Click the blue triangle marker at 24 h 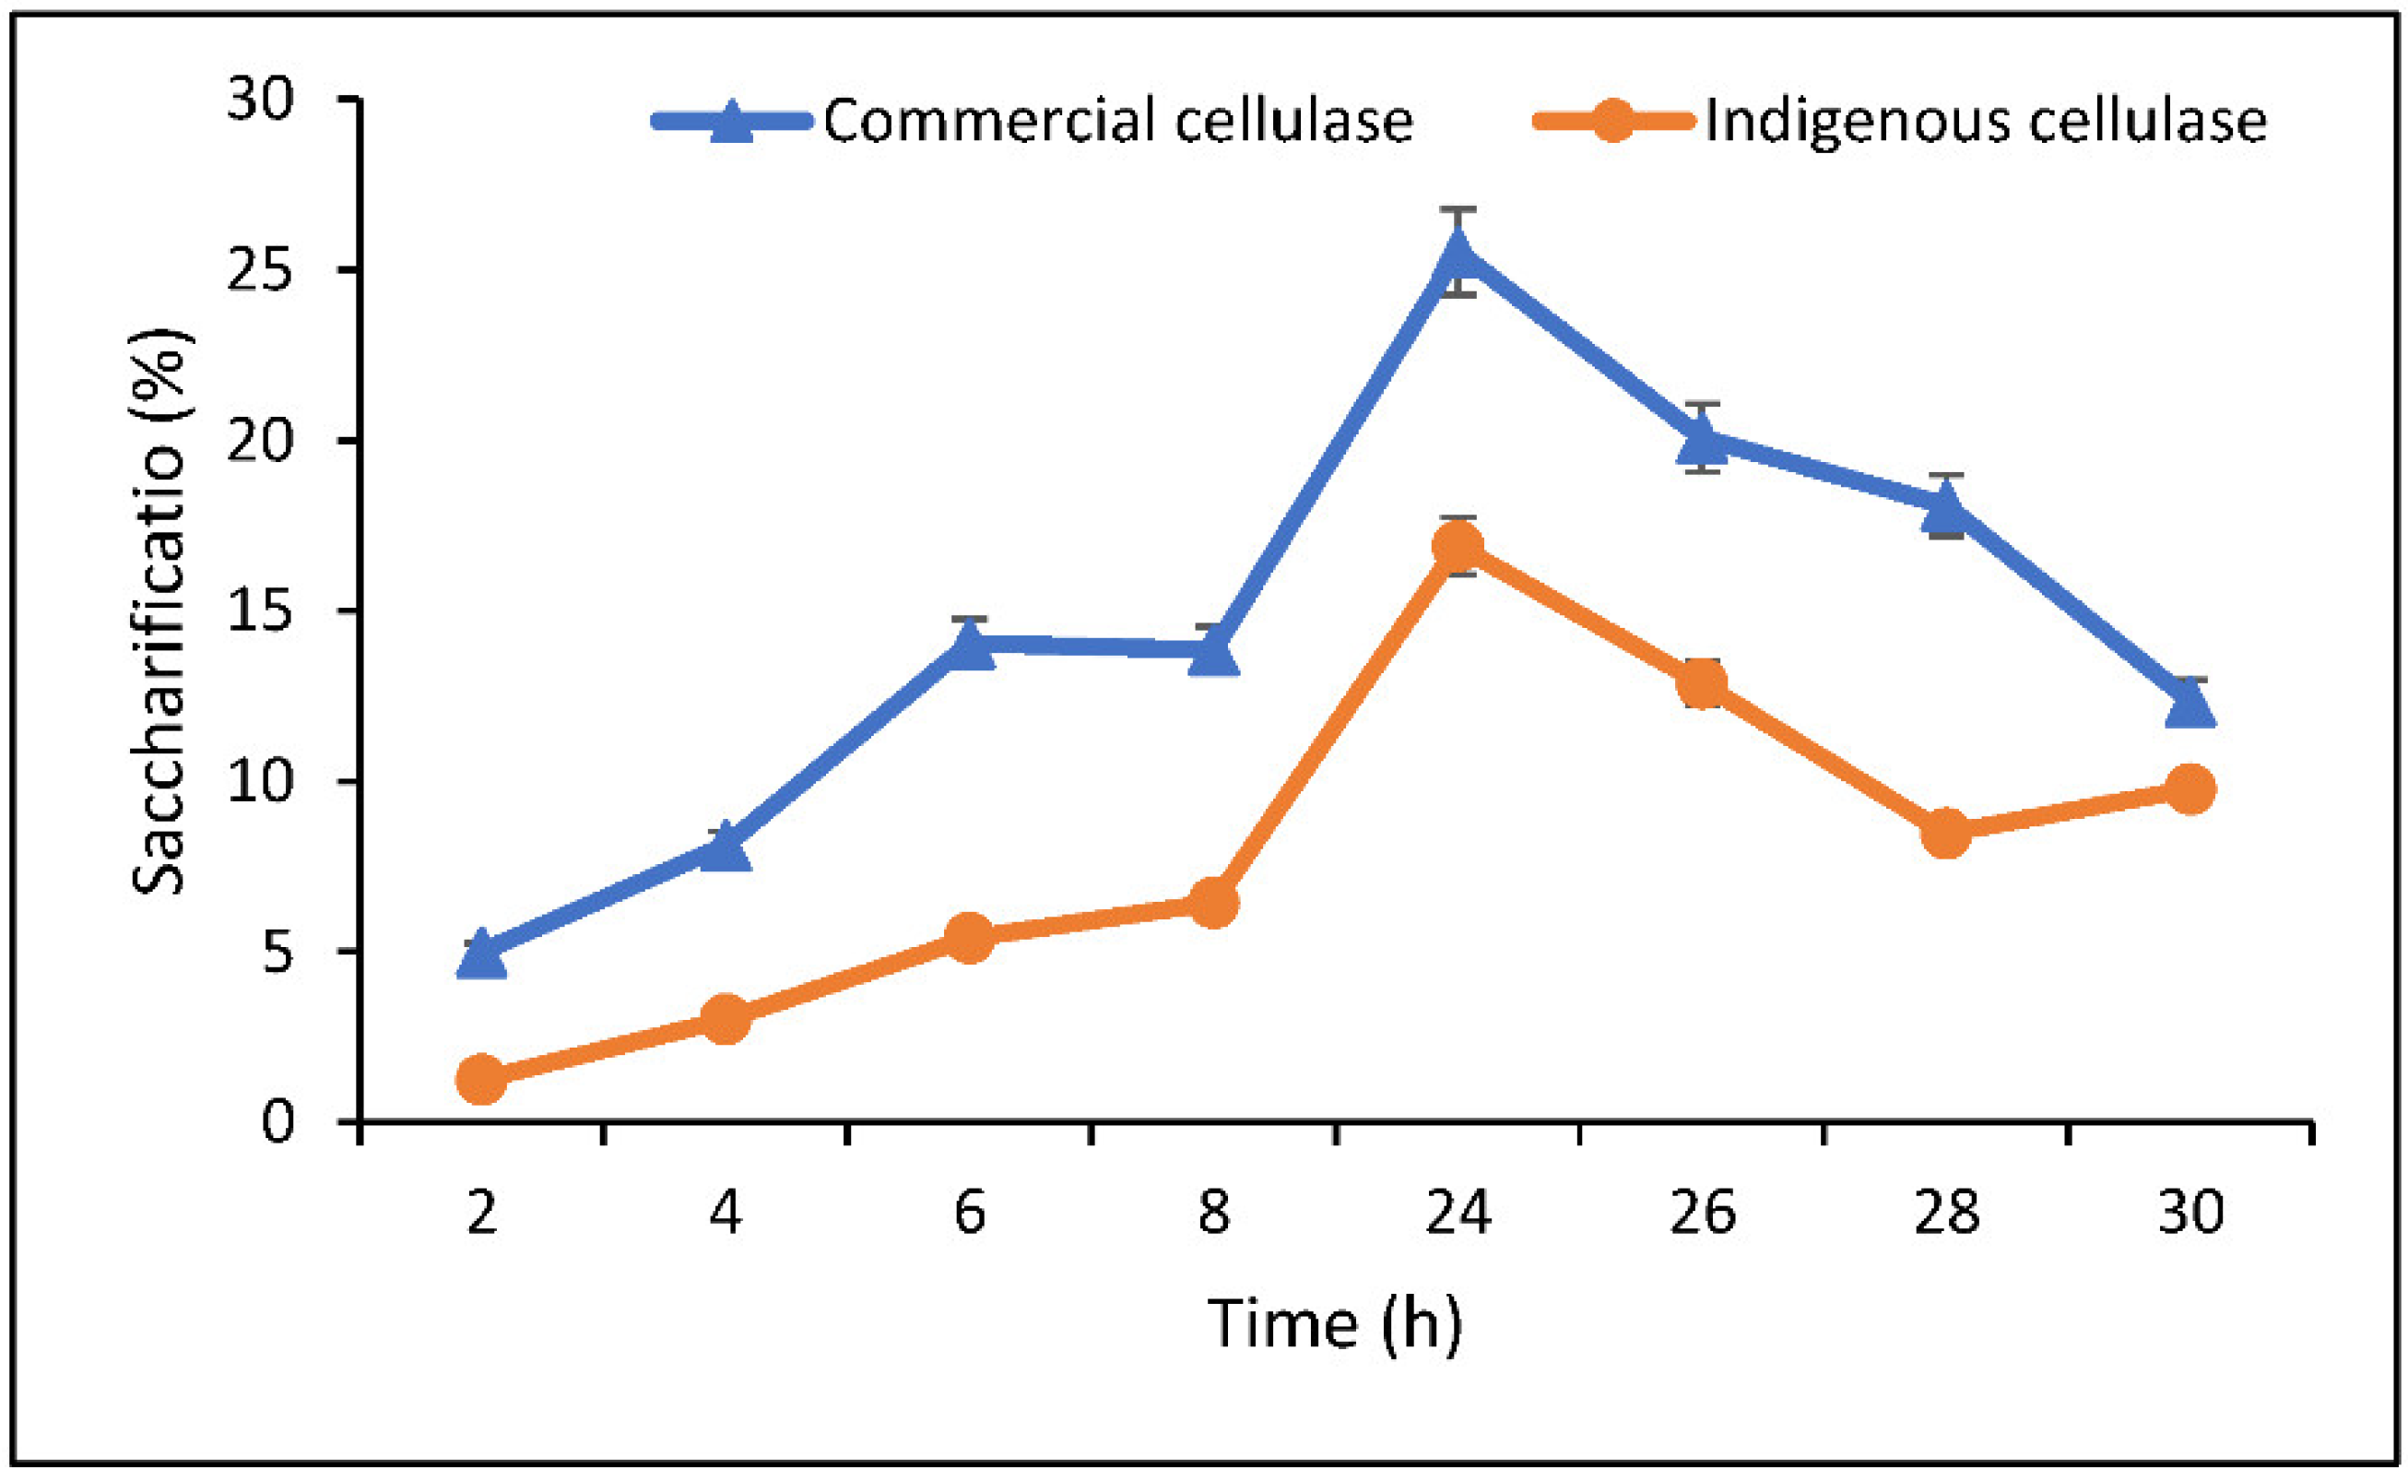[1458, 255]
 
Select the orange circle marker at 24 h [1458, 545]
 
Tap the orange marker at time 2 [482, 1078]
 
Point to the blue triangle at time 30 [2190, 704]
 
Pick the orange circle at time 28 [1946, 833]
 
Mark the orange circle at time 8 [1213, 901]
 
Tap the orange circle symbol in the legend [1611, 121]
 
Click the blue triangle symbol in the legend [731, 121]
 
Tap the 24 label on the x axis [1458, 1213]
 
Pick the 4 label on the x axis [726, 1213]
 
